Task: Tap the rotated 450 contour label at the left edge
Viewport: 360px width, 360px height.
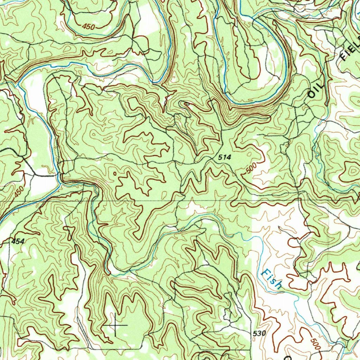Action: pyautogui.click(x=19, y=192)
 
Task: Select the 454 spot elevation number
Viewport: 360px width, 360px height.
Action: pyautogui.click(x=18, y=241)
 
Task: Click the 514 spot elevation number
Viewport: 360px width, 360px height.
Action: pyautogui.click(x=224, y=158)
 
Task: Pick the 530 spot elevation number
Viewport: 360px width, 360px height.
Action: pyautogui.click(x=259, y=333)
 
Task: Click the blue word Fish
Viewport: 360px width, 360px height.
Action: pyautogui.click(x=272, y=279)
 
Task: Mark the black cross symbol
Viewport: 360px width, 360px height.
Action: pyautogui.click(x=116, y=325)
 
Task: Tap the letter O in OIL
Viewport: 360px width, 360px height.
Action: pyautogui.click(x=311, y=94)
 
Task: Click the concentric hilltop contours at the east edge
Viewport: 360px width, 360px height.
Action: pyautogui.click(x=352, y=171)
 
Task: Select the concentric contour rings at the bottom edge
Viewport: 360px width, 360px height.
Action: pyautogui.click(x=206, y=356)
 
